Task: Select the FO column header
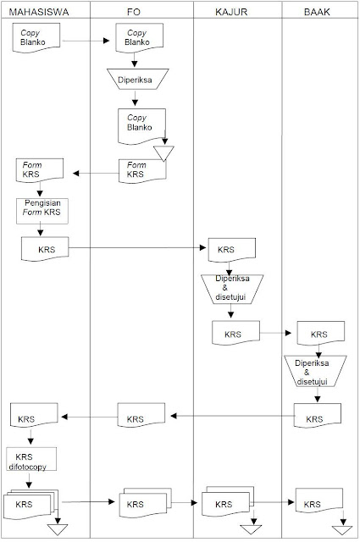click(x=141, y=13)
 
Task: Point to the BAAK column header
click(x=319, y=13)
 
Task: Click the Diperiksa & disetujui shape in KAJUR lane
click(x=232, y=289)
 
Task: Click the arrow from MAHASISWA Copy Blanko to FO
click(x=88, y=40)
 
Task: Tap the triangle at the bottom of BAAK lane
click(x=343, y=530)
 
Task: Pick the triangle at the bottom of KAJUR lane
click(x=251, y=530)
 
